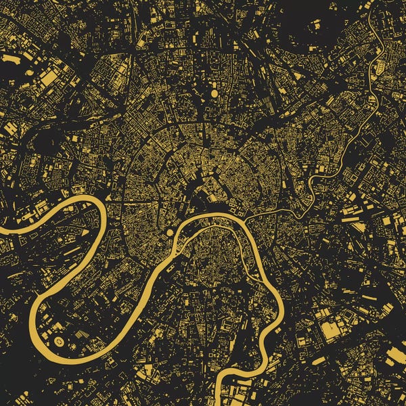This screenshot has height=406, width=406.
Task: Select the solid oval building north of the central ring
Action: pyautogui.click(x=214, y=93)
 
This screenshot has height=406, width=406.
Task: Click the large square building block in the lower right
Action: pyautogui.click(x=332, y=331)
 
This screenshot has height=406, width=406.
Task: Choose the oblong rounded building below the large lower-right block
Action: pyautogui.click(x=319, y=361)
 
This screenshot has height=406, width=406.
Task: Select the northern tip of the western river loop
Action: pyautogui.click(x=85, y=198)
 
